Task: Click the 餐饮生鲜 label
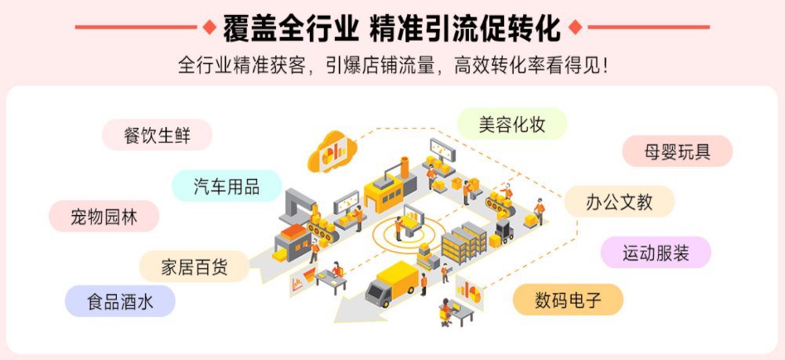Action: tap(157, 135)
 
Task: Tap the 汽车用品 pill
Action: tap(227, 186)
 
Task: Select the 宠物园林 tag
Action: tap(104, 216)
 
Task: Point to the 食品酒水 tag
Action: tap(120, 301)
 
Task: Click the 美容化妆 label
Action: tap(512, 124)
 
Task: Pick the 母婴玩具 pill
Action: tap(677, 151)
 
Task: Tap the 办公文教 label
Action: tap(619, 202)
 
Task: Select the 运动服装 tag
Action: tap(656, 253)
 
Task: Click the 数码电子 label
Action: tap(568, 300)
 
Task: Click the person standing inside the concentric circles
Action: tap(399, 227)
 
